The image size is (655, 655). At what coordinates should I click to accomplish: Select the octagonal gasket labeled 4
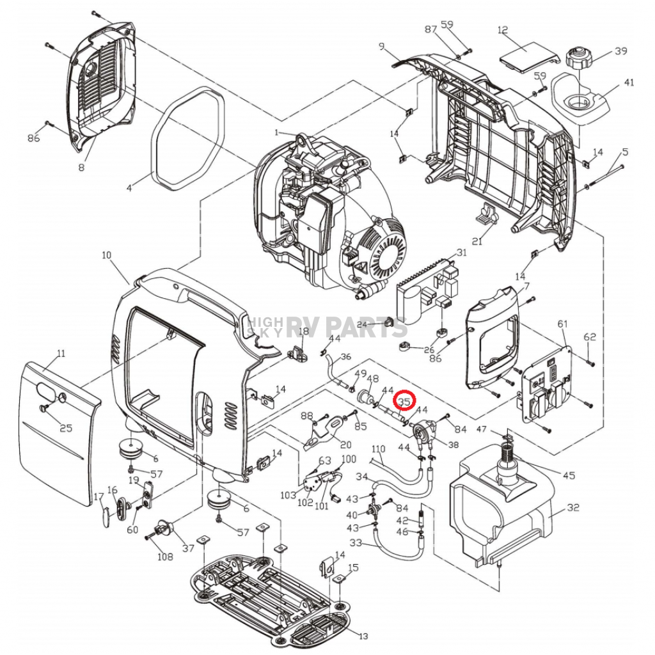coord(189,138)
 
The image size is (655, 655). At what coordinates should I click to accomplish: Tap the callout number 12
coord(502,29)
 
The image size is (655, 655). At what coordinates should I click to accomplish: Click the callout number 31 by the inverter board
coord(461,253)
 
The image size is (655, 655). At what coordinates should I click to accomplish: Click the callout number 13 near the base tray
coord(363,636)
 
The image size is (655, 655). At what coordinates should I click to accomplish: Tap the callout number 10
coord(106,255)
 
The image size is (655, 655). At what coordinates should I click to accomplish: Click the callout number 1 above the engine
coord(276,133)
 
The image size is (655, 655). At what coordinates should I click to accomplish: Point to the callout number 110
coord(379,448)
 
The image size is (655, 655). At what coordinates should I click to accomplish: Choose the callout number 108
coord(165,556)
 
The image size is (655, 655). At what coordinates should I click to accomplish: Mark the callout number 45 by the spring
coord(569,475)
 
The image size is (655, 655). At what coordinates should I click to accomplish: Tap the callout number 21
coord(477,241)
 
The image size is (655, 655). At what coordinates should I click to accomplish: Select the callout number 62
coord(589,336)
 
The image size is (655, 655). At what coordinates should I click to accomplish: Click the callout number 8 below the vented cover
coord(81,168)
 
